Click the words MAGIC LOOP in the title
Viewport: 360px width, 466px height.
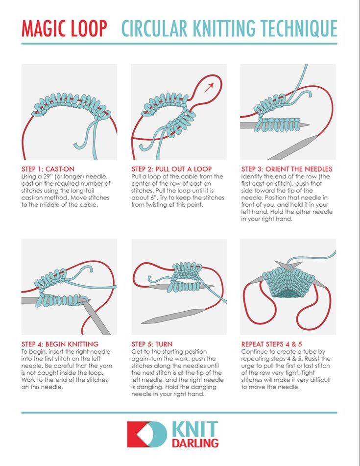[x=64, y=28]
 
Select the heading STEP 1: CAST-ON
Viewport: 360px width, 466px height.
[x=48, y=169]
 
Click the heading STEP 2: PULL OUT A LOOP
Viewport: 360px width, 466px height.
[x=172, y=169]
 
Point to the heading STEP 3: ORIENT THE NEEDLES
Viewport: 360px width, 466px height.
[x=287, y=169]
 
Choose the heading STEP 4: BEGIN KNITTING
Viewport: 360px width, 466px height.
[x=60, y=344]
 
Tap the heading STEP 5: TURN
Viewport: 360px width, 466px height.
[x=152, y=344]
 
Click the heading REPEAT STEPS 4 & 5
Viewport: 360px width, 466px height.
[x=271, y=344]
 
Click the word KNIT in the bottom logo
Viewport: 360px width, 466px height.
[x=195, y=429]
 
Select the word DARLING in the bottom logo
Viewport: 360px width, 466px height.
[x=195, y=443]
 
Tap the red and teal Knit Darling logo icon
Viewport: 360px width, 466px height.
[x=147, y=434]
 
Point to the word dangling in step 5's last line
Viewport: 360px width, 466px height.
[x=206, y=387]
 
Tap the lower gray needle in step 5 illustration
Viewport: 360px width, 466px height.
[x=173, y=316]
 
